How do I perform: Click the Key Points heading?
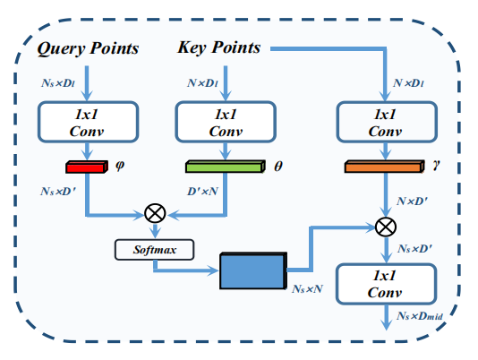pos(218,47)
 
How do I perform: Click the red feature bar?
pos(85,167)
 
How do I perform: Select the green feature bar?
pos(225,167)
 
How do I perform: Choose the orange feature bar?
pos(382,167)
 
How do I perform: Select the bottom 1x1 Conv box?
pos(384,283)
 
